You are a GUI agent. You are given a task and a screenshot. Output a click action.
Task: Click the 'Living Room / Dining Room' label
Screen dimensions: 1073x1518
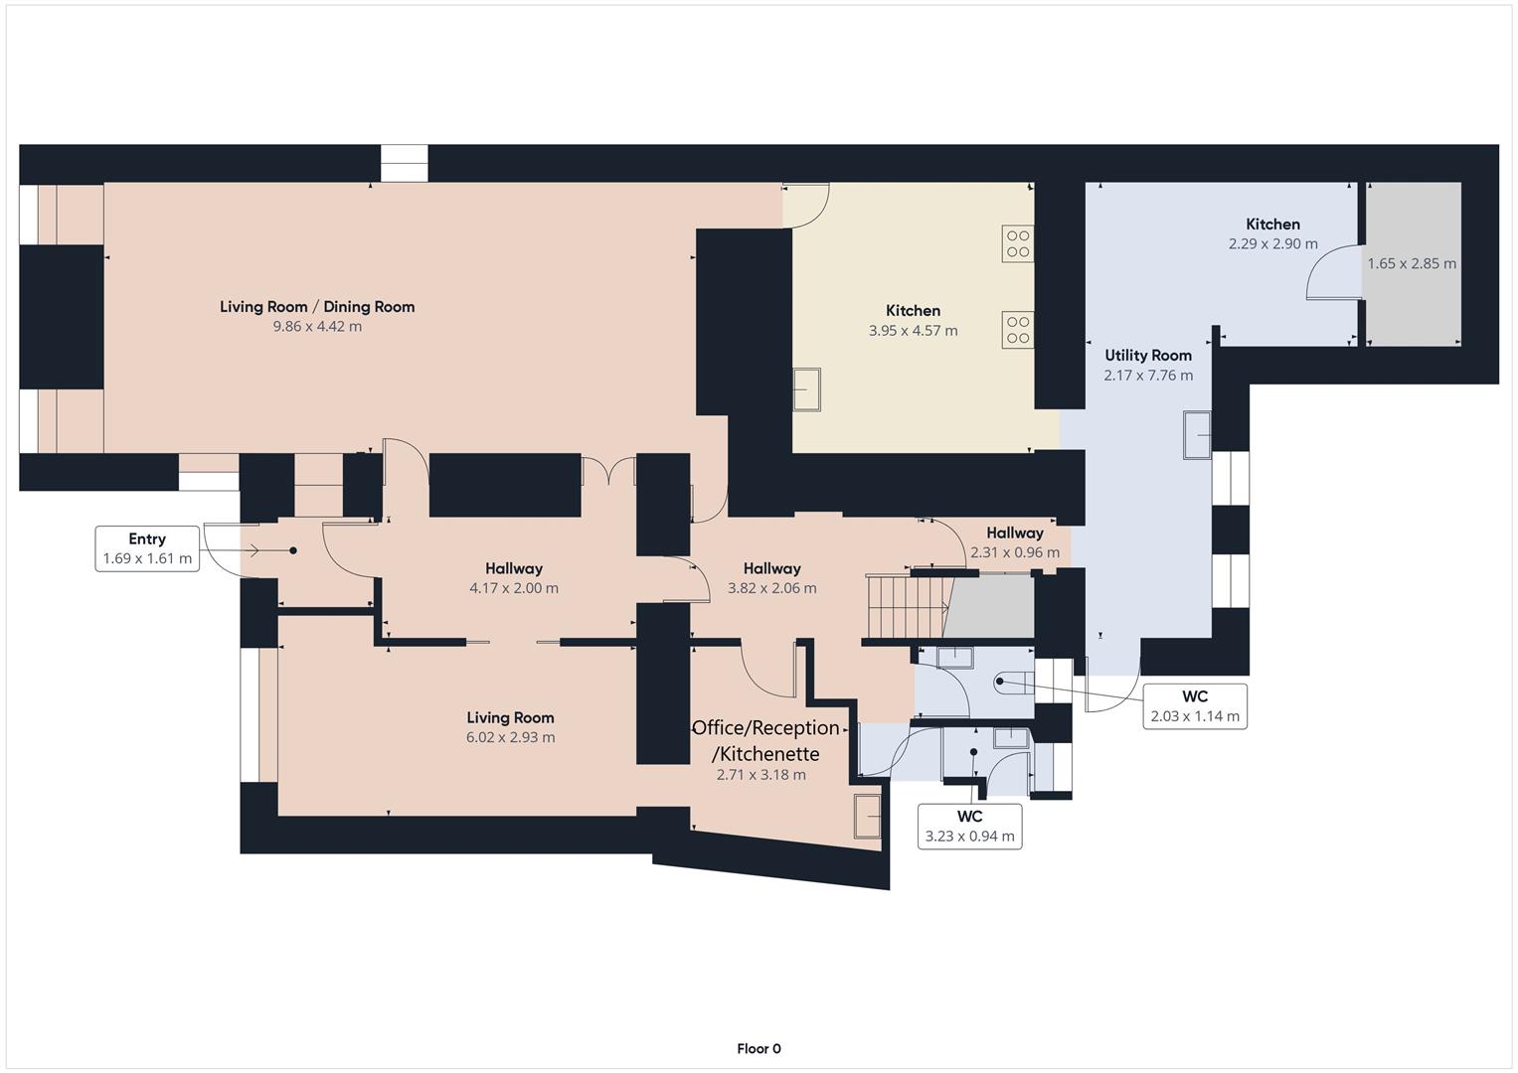317,307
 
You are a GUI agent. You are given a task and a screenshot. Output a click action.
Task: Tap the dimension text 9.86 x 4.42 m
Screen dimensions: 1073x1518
317,327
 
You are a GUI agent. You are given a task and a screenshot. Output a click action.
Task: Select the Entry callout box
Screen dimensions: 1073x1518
147,548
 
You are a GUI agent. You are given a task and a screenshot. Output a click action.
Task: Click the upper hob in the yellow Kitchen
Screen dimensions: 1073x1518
1017,243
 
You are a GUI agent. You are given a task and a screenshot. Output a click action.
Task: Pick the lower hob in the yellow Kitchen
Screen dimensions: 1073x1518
1017,330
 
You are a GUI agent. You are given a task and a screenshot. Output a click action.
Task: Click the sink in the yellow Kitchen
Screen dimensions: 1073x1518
806,389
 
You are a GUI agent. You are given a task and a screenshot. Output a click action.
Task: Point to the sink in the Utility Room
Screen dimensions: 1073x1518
1197,435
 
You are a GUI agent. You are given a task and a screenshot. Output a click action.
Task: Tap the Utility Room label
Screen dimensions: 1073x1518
1148,356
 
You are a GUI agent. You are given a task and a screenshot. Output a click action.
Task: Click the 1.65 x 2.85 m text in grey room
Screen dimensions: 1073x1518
1411,264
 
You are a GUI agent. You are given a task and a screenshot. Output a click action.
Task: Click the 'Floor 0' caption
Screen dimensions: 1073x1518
759,1049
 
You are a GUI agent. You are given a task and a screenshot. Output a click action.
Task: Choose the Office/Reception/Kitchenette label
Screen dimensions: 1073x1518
765,741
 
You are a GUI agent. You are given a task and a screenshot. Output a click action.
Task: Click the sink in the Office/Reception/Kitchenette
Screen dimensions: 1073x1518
867,816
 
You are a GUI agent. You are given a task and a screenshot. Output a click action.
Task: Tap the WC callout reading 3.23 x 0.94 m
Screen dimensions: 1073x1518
969,827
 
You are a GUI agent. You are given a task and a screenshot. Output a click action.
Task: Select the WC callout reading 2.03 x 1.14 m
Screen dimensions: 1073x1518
1194,706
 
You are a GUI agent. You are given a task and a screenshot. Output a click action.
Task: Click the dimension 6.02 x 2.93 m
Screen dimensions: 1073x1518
510,738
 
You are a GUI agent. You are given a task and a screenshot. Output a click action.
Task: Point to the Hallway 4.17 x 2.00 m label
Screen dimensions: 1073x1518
514,578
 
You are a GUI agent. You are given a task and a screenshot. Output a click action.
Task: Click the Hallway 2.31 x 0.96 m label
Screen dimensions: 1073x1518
1014,542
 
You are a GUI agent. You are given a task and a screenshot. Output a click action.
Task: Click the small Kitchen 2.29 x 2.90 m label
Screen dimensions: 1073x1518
1272,233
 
